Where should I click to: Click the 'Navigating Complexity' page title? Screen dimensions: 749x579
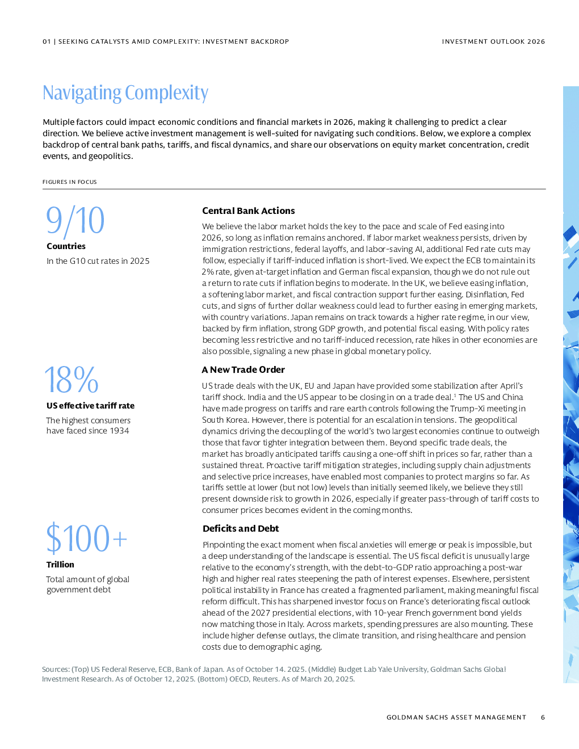pos(125,93)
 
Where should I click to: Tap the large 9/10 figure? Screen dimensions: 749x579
pos(75,221)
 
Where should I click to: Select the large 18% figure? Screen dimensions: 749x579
pos(72,380)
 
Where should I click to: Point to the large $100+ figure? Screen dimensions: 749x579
pos(86,538)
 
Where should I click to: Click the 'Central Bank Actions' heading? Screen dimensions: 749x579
pos(248,211)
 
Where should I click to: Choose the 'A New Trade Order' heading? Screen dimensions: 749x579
pos(243,370)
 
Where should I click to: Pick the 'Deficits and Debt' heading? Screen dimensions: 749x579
pos(241,529)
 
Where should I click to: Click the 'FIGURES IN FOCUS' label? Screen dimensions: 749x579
pos(69,182)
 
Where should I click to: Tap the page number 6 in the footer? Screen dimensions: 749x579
pos(543,717)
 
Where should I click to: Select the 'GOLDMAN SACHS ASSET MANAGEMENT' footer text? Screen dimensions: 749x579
pos(456,717)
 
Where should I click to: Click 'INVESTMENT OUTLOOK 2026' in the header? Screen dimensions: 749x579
pos(493,41)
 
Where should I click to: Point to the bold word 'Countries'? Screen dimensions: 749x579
pos(66,246)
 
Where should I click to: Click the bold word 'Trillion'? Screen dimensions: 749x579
pos(60,565)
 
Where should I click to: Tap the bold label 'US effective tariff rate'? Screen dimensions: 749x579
pos(90,406)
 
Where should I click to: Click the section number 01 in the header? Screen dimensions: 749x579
pos(47,41)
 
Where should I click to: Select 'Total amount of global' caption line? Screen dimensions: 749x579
pos(87,579)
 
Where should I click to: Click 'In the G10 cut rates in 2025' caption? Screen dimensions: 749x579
pos(98,261)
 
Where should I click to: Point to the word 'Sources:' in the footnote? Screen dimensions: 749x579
pos(56,670)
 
